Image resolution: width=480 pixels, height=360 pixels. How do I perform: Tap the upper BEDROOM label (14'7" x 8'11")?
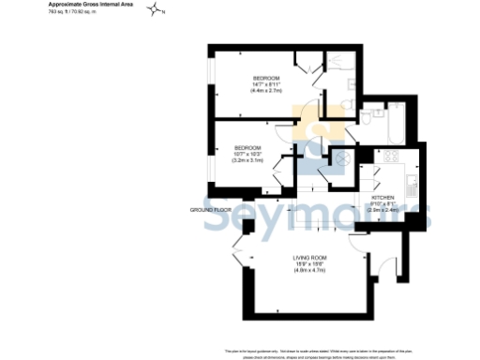265,77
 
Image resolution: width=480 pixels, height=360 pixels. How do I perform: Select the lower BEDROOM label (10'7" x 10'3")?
247,148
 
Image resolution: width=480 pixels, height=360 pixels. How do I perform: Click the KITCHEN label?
384,198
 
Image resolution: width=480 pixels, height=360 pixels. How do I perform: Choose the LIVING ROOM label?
309,256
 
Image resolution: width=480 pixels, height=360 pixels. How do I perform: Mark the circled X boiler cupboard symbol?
343,160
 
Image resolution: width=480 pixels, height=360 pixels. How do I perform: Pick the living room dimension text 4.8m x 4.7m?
309,269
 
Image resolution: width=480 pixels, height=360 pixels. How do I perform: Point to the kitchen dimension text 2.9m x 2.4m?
384,211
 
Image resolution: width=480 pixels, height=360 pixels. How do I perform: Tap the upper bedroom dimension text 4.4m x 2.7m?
265,90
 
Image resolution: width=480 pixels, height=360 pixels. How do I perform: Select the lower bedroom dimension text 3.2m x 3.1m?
247,161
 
